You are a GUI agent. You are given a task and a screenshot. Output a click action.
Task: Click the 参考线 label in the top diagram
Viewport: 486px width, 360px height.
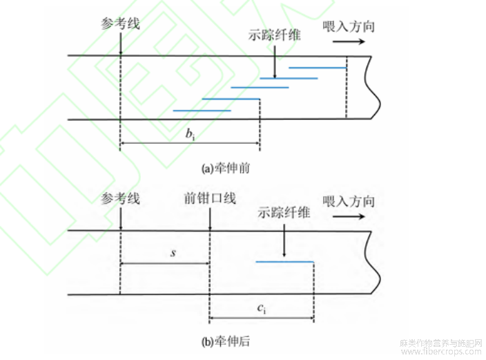pyautogui.click(x=120, y=23)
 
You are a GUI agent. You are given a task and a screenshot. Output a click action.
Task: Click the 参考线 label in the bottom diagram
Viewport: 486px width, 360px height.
pyautogui.click(x=120, y=199)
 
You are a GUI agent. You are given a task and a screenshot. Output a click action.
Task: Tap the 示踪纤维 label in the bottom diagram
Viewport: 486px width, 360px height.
pyautogui.click(x=284, y=213)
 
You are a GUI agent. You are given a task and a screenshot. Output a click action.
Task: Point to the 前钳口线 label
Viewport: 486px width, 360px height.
pyautogui.click(x=210, y=199)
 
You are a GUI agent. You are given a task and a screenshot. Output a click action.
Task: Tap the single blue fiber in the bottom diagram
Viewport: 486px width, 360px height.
pyautogui.click(x=284, y=262)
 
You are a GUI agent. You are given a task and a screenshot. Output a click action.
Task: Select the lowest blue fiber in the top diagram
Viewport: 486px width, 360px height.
pyautogui.click(x=201, y=110)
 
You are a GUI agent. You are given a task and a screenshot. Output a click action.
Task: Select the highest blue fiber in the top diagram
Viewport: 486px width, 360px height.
pyautogui.click(x=317, y=68)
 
